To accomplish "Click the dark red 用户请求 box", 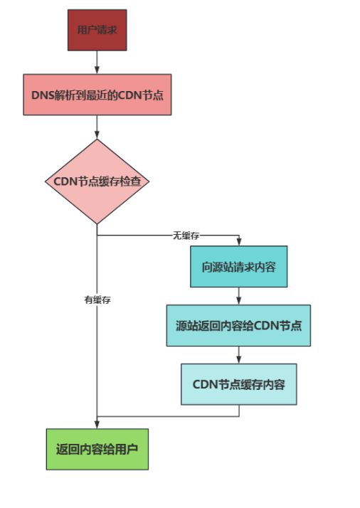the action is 97,30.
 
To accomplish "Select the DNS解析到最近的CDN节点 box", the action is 97,95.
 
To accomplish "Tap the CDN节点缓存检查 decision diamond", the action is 97,181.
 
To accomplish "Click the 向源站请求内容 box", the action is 239,267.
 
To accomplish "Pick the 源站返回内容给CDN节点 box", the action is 238,326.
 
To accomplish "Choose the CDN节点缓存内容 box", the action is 239,384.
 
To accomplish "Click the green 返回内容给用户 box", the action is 97,450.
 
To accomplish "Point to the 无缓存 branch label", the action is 186,236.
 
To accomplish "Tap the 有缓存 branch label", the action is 97,300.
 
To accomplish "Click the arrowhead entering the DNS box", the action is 97,70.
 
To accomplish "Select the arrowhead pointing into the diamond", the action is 97,134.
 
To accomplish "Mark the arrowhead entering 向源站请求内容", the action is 239,242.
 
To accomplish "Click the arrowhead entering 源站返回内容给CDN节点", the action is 239,301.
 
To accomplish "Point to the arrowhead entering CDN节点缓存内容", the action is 239,359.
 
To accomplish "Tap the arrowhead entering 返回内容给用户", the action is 97,425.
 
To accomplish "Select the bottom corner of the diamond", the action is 97,224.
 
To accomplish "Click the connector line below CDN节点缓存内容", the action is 168,416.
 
